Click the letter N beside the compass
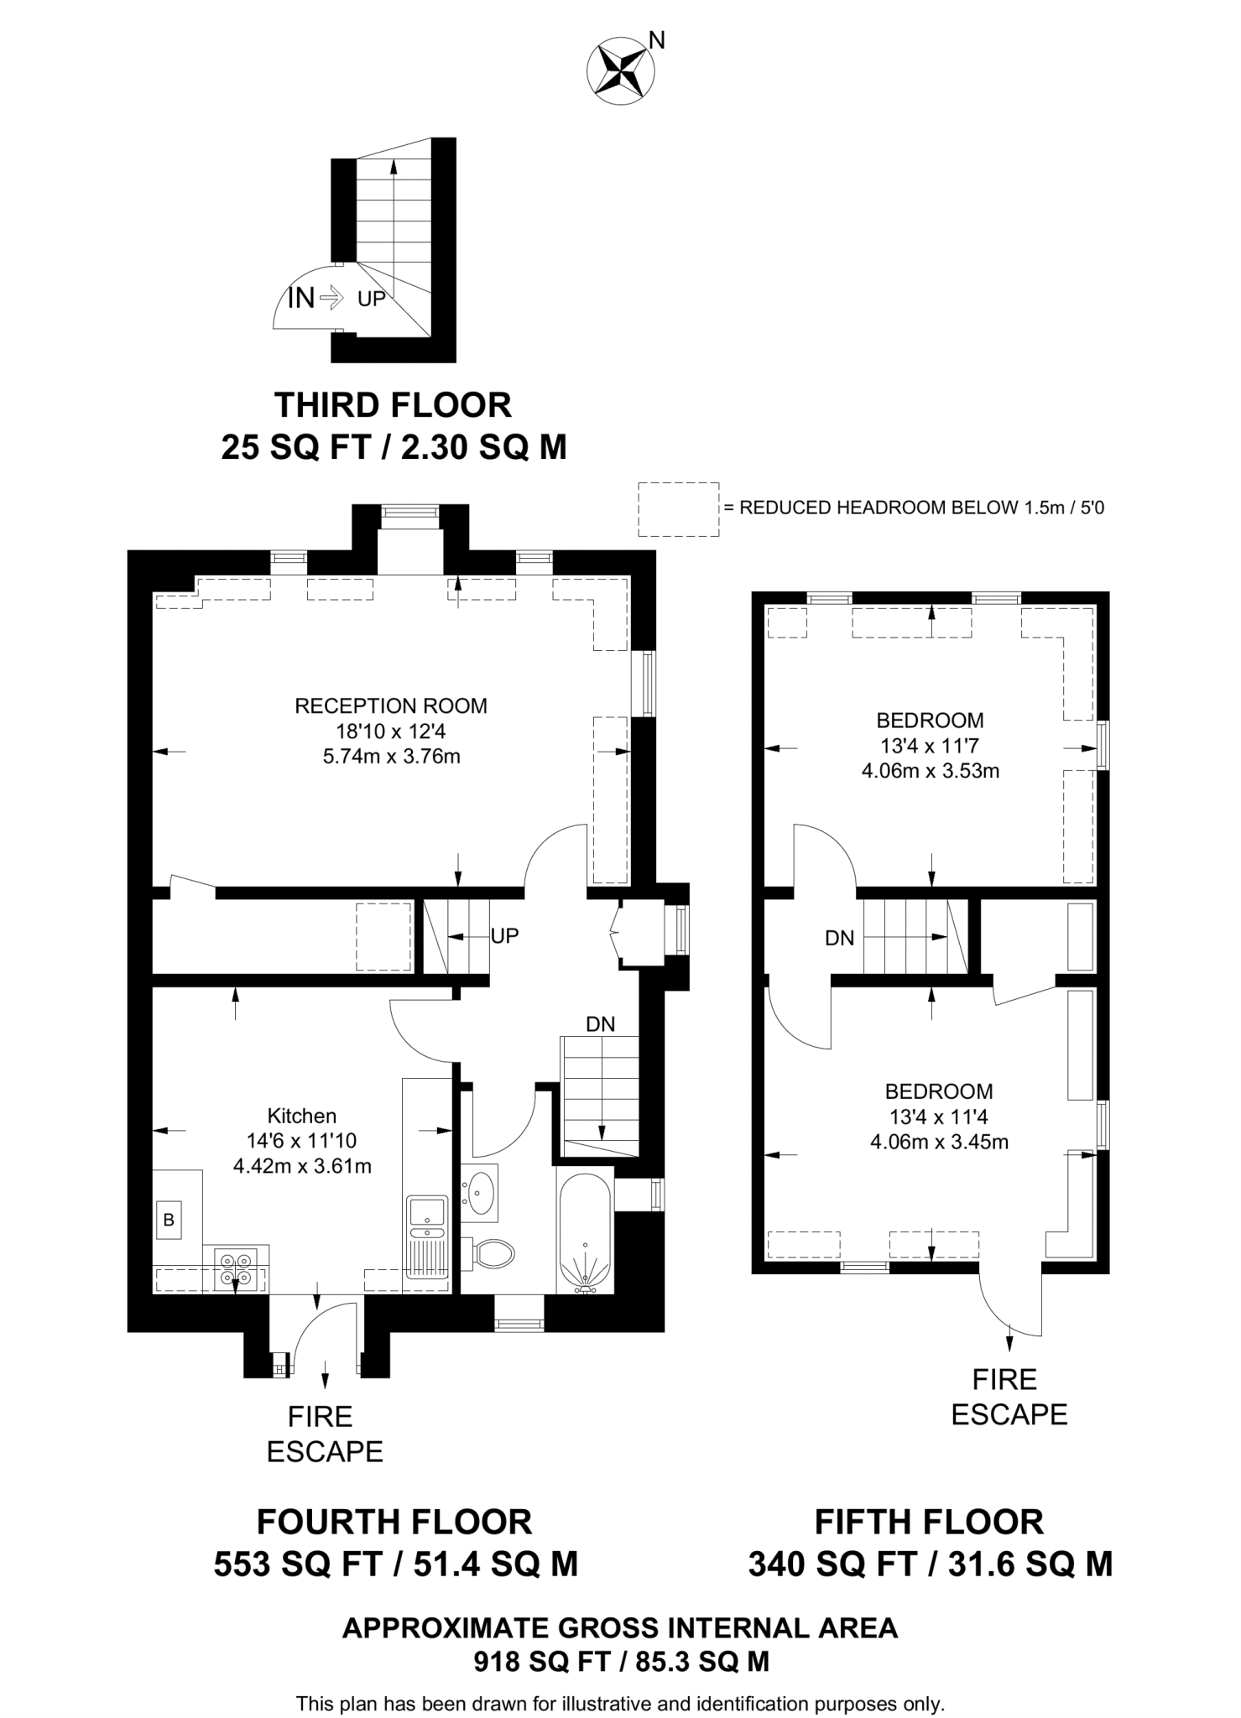[x=657, y=39]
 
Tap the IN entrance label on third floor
[x=301, y=297]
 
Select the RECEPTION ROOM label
[x=390, y=705]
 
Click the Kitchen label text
[x=301, y=1116]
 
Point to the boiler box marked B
[x=169, y=1221]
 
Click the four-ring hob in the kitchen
[x=235, y=1268]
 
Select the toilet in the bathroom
[x=493, y=1255]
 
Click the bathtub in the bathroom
[x=586, y=1233]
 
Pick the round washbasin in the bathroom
[x=481, y=1189]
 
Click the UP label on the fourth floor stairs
[x=504, y=935]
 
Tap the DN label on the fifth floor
[x=839, y=938]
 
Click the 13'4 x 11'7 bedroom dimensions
[x=930, y=745]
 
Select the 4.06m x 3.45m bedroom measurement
[x=939, y=1142]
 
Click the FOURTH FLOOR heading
[x=394, y=1522]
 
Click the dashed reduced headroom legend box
[x=678, y=508]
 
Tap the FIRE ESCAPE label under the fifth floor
[x=1008, y=1397]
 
